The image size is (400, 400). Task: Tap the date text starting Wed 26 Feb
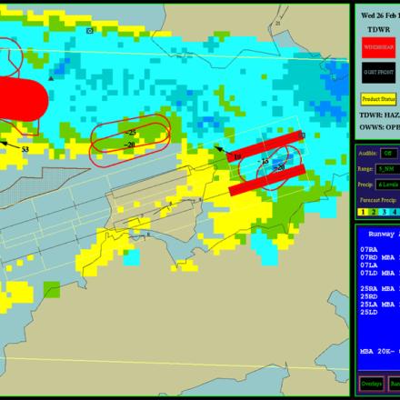[378, 15]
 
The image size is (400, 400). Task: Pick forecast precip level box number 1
[363, 211]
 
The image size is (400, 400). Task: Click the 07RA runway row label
[368, 248]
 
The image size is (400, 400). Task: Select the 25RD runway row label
[368, 295]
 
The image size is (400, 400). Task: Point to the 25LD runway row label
[368, 312]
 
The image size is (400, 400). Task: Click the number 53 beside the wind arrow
[25, 149]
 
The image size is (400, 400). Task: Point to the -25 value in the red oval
[130, 133]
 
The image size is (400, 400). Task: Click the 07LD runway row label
[368, 272]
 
